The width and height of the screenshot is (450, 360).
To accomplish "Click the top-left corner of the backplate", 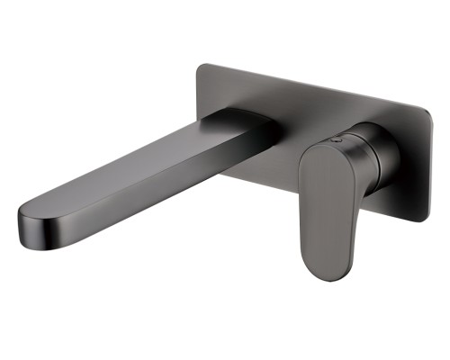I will [x=200, y=65].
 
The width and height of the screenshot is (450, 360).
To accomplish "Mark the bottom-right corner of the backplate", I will [x=417, y=218].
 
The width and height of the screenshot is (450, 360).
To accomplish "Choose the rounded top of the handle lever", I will [x=317, y=153].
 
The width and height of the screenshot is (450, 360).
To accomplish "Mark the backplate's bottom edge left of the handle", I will [x=261, y=183].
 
